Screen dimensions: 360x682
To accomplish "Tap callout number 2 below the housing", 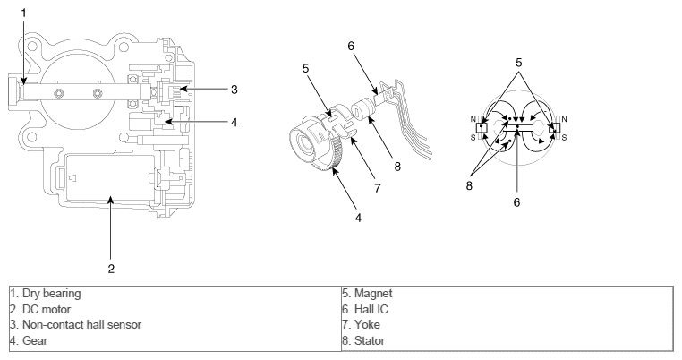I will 111,242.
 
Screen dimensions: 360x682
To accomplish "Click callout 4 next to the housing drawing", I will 234,122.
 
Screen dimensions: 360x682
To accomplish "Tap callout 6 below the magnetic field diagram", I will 517,203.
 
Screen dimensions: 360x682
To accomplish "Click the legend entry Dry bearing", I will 36,293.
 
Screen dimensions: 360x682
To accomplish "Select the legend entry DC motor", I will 30,308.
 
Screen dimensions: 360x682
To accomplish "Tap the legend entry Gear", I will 22,340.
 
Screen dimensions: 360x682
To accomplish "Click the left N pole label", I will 474,118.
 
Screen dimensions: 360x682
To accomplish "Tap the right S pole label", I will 564,136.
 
